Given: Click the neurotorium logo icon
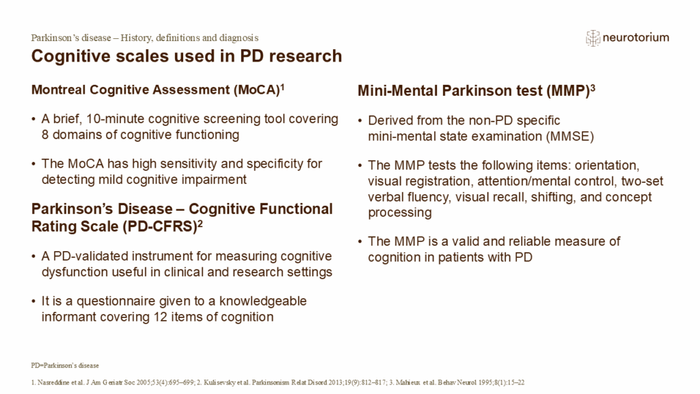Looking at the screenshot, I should (x=593, y=38).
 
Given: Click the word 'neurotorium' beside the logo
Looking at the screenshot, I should (x=636, y=38).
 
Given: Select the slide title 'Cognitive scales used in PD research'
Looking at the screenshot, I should (x=187, y=56).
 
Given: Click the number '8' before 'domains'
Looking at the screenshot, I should (x=46, y=135).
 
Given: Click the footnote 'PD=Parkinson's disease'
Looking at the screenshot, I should (x=65, y=365).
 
